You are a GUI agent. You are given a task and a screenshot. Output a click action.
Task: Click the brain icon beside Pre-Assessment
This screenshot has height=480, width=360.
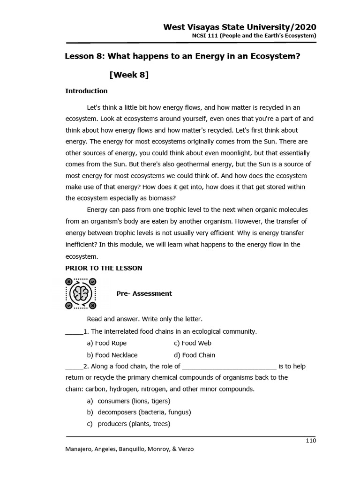[81, 293]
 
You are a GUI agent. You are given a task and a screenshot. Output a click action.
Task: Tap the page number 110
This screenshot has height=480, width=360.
[311, 440]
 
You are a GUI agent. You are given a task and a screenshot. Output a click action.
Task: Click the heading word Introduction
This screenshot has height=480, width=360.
[86, 91]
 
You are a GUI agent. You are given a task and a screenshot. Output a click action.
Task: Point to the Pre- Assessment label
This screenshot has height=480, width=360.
[144, 293]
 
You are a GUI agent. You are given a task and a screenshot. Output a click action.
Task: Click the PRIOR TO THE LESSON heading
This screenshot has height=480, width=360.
[104, 268]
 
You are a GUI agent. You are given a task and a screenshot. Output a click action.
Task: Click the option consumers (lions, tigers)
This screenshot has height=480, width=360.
[134, 401]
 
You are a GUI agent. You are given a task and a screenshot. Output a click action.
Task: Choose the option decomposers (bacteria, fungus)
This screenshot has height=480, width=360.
[144, 412]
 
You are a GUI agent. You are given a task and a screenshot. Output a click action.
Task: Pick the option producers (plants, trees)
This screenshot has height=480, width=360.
[134, 424]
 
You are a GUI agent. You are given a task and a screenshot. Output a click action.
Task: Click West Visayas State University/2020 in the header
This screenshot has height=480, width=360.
[240, 27]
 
